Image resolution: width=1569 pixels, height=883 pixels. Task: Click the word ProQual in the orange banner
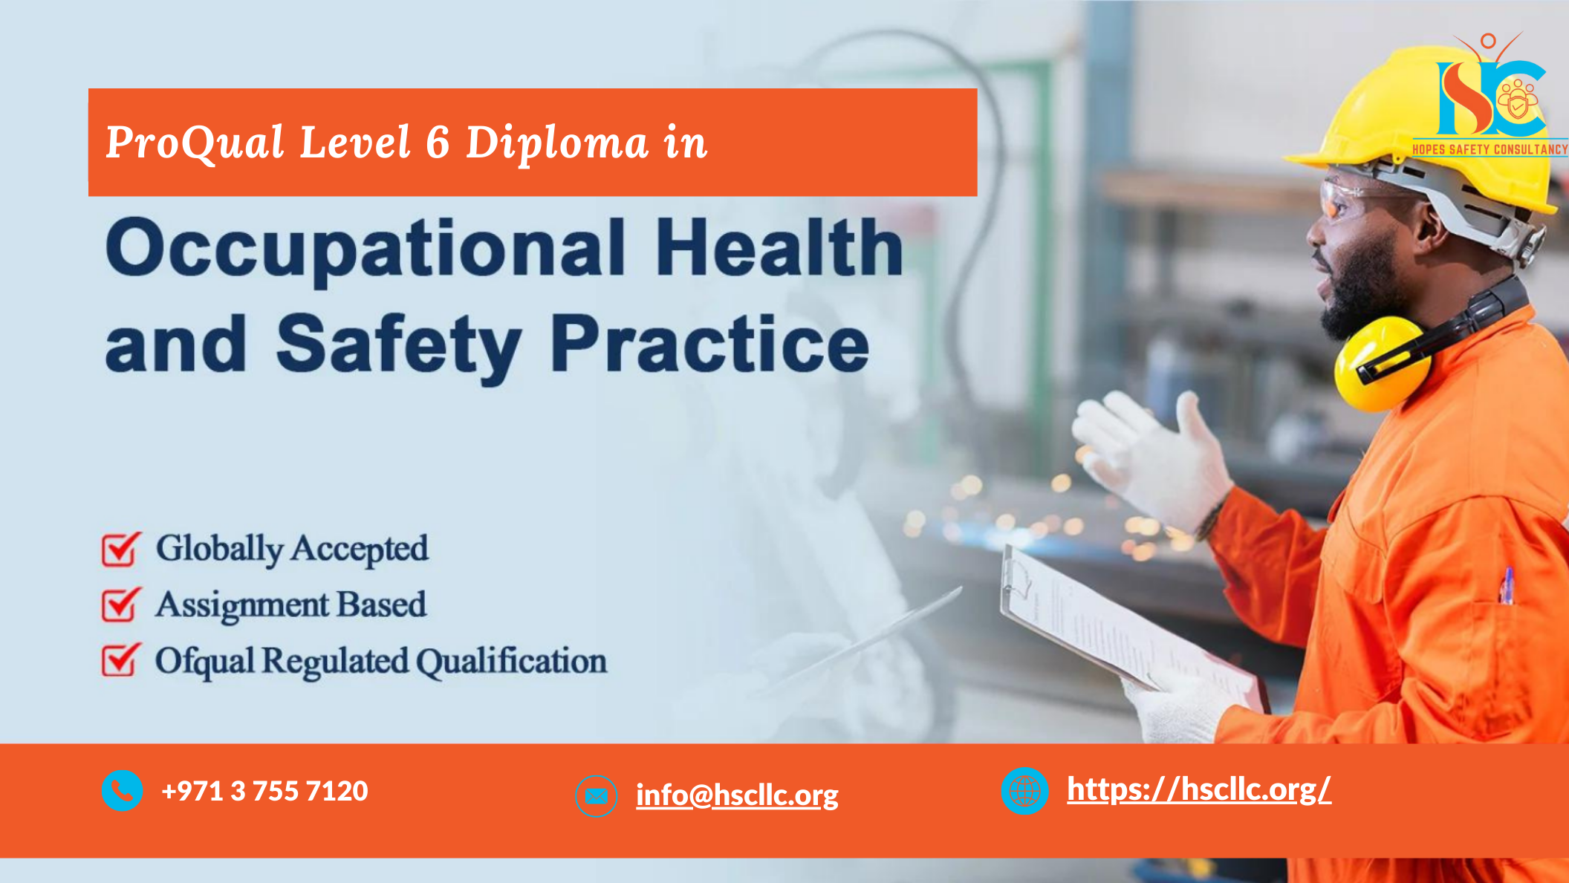(x=195, y=143)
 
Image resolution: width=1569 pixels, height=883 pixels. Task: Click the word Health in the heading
(x=779, y=246)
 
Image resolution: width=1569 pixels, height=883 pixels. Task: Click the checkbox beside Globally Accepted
(x=121, y=550)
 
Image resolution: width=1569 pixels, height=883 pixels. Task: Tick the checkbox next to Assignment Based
(x=121, y=605)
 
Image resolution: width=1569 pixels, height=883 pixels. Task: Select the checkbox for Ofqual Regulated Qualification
(x=121, y=660)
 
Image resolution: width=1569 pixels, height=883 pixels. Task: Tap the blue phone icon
(x=123, y=790)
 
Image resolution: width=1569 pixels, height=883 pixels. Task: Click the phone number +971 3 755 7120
(x=264, y=791)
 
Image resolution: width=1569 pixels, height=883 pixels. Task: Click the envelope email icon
(x=597, y=796)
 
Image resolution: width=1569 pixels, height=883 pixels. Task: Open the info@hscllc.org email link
(x=737, y=795)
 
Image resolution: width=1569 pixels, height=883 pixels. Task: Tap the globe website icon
(x=1024, y=791)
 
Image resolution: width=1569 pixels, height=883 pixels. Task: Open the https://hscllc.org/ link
(x=1199, y=789)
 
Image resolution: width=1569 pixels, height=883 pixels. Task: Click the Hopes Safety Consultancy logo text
(x=1490, y=149)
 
